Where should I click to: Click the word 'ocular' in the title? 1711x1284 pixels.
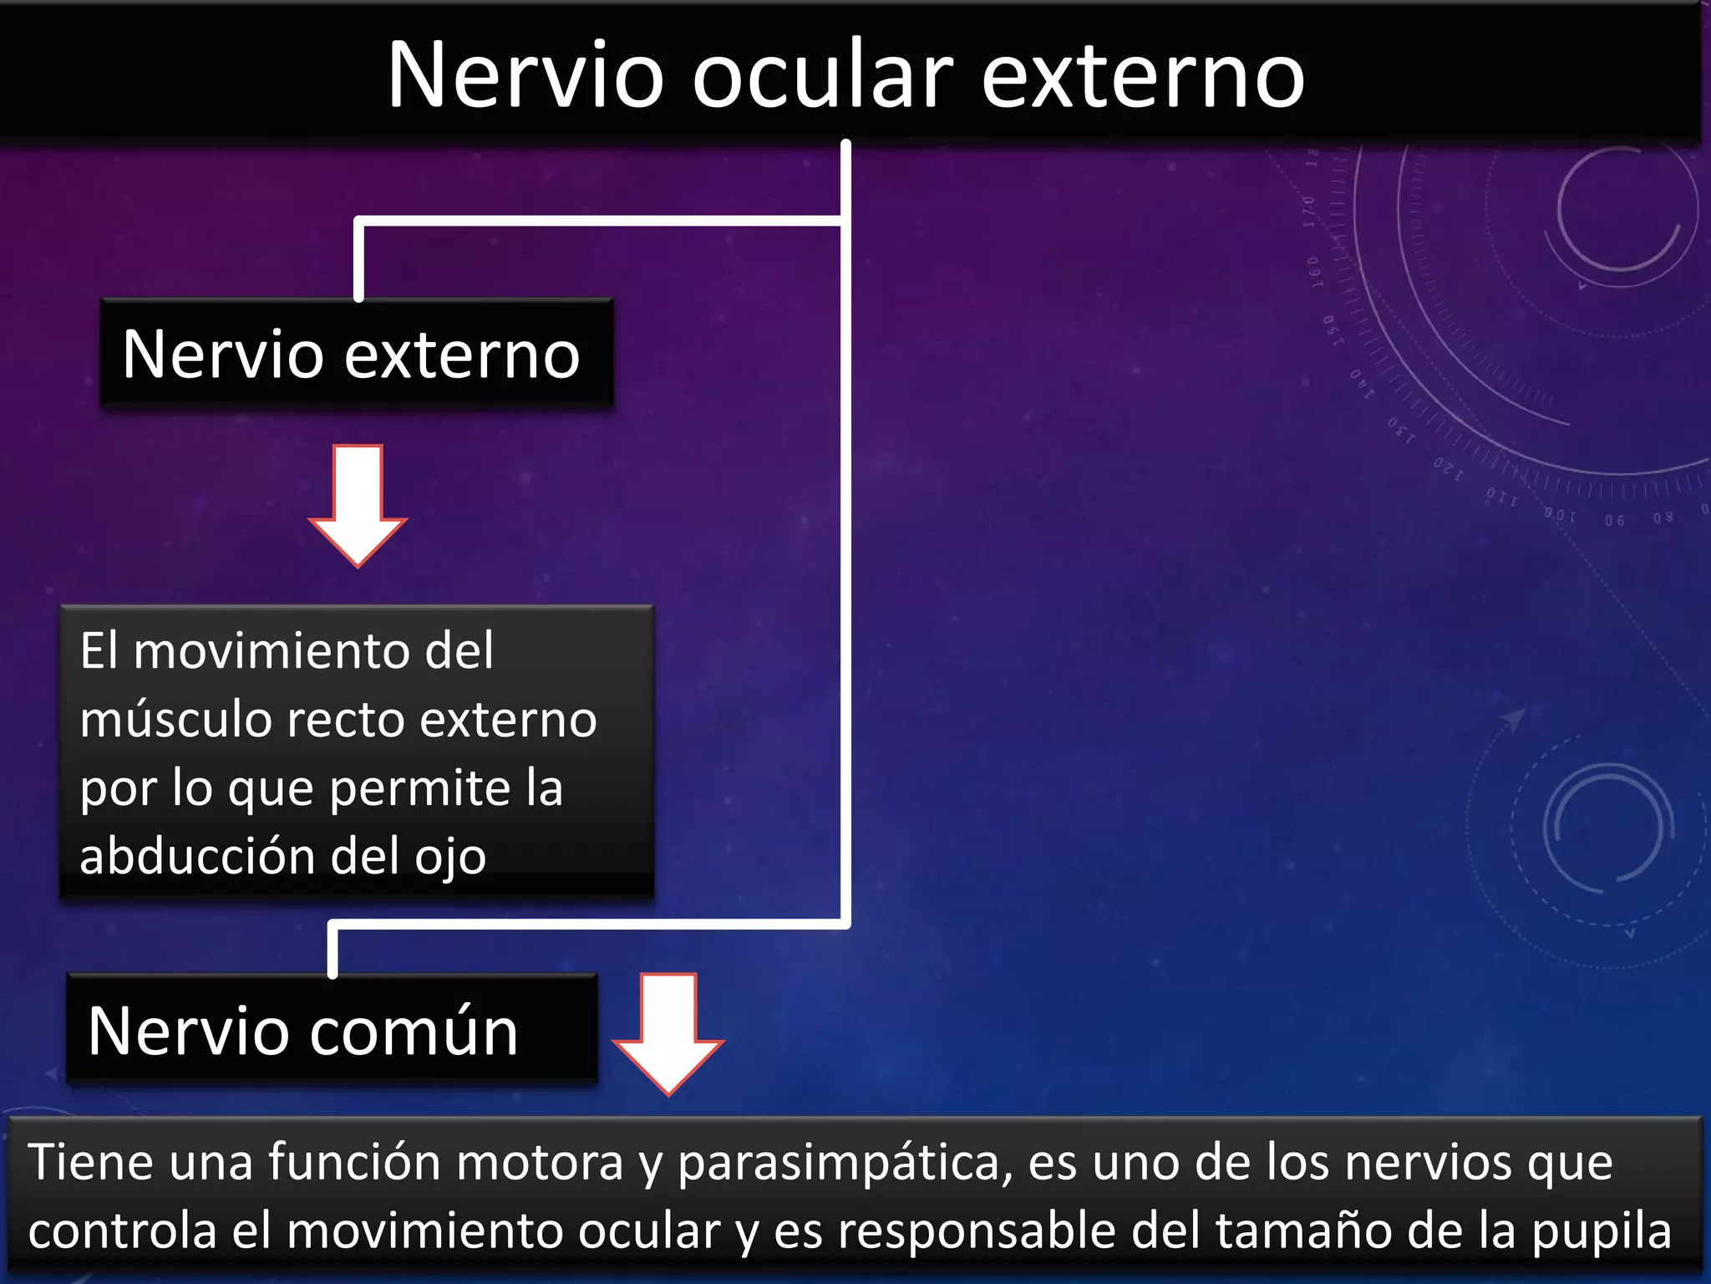[x=822, y=77]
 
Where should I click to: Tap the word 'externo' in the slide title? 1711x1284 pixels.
[x=1142, y=77]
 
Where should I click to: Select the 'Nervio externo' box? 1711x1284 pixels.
[x=357, y=354]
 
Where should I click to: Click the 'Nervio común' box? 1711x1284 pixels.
[x=332, y=1030]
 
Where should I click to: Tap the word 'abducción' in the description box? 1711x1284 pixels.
[x=197, y=856]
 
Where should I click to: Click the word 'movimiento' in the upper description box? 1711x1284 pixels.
[x=272, y=651]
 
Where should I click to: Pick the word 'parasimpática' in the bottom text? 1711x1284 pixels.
[x=845, y=1163]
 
